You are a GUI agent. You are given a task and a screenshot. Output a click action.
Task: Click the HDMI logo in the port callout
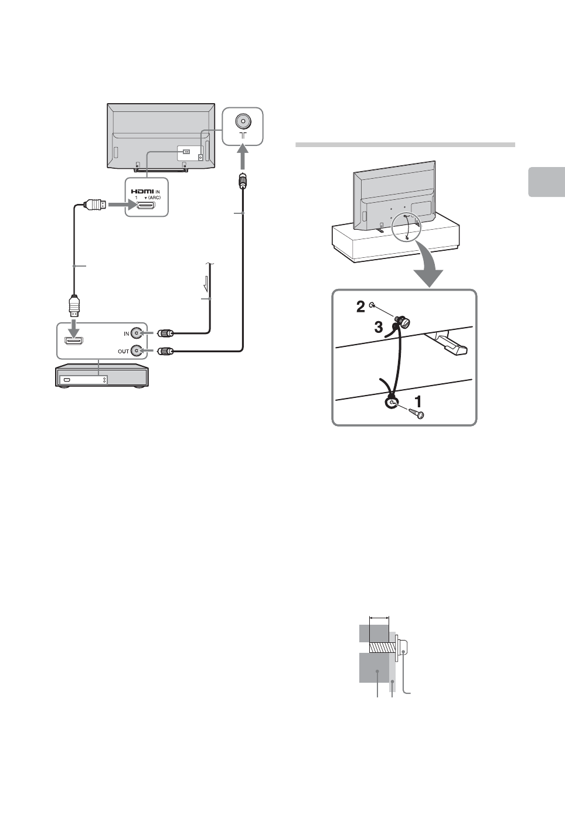tap(142, 190)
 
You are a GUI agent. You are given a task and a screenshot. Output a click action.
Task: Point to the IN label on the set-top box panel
tap(126, 334)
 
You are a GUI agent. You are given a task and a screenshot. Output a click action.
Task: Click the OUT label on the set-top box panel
tap(123, 352)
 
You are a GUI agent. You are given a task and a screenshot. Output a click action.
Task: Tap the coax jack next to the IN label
tap(137, 333)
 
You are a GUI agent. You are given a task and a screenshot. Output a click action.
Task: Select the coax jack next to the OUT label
tap(137, 351)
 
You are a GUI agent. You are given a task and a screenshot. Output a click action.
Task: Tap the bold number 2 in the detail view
tap(361, 306)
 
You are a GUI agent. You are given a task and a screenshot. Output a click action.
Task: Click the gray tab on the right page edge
tap(546, 182)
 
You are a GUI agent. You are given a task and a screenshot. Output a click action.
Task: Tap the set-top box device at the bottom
tap(101, 376)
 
